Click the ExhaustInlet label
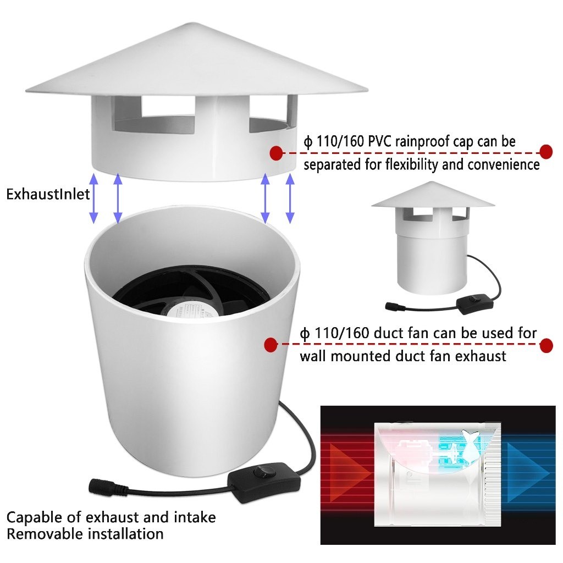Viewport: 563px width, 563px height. (48, 194)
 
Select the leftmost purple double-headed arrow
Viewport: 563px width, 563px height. (93, 198)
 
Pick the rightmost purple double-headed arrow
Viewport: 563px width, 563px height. (290, 198)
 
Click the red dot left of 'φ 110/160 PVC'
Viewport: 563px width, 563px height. (276, 153)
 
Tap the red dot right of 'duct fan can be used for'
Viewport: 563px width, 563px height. (546, 345)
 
